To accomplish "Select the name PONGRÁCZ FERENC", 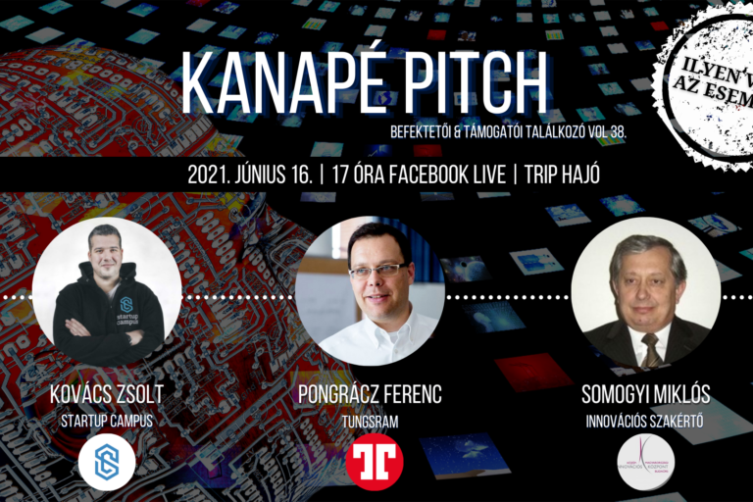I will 370,395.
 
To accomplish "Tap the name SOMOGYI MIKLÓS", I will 645,395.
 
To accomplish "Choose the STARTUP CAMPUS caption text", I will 107,421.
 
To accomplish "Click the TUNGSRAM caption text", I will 370,421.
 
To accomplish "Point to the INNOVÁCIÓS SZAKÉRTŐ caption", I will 645,421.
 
